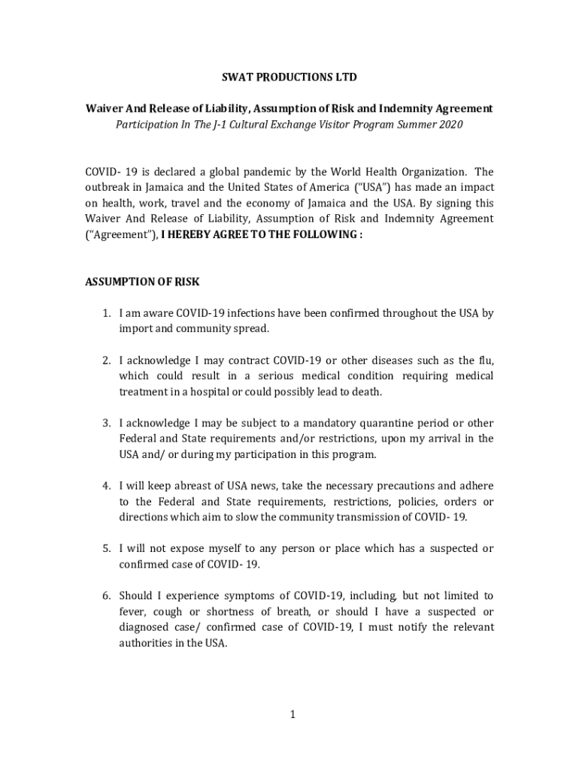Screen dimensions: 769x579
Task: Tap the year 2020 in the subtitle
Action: (449, 124)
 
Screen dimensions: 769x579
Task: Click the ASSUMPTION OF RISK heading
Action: (142, 282)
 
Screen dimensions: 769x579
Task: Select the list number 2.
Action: (107, 360)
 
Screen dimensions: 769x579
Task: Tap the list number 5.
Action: (107, 548)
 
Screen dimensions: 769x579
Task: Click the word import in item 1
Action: (135, 329)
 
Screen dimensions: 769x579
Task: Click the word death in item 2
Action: (365, 392)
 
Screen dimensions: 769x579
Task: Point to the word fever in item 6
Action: (133, 611)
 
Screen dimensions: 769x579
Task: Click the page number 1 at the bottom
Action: (293, 714)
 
